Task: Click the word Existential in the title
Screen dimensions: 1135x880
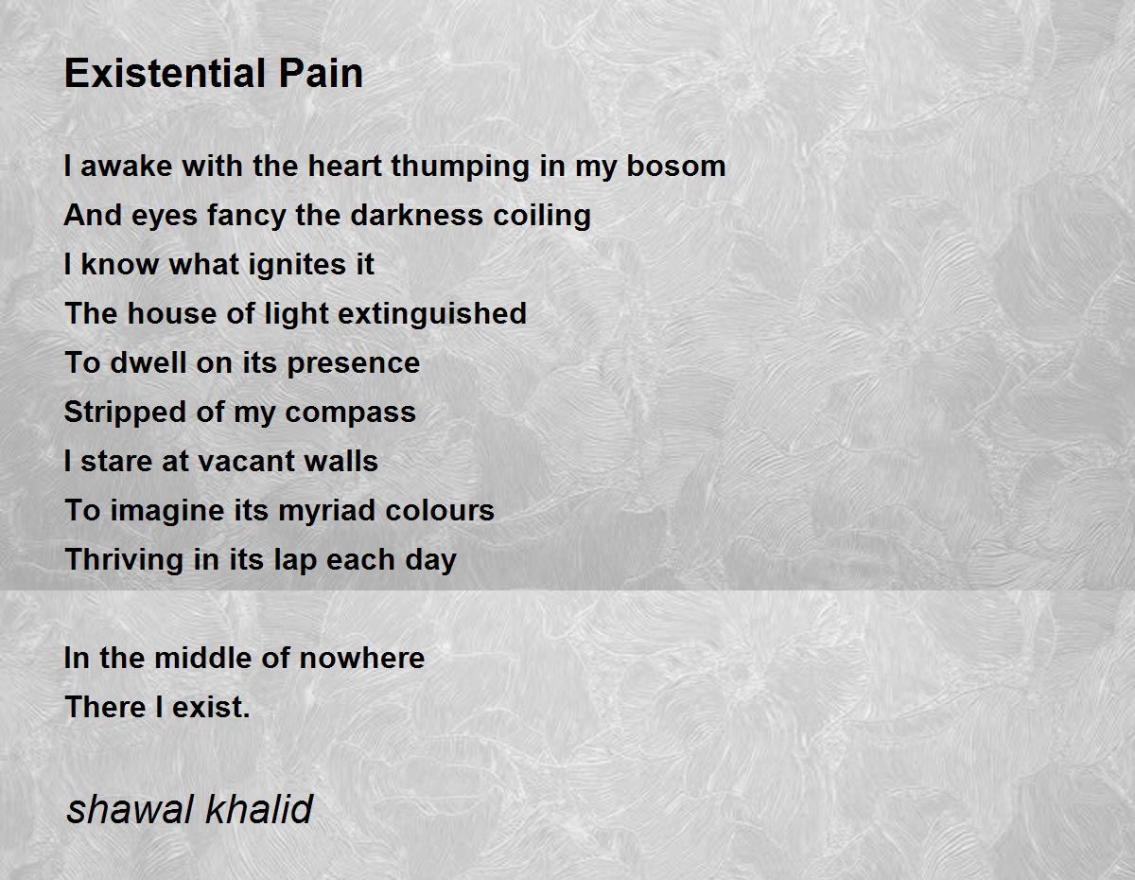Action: pyautogui.click(x=166, y=73)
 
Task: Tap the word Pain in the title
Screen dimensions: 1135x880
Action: pyautogui.click(x=321, y=73)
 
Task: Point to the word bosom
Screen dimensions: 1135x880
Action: pyautogui.click(x=676, y=166)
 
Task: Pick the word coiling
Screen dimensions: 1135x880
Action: pyautogui.click(x=542, y=217)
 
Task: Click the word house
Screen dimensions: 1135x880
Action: pyautogui.click(x=171, y=313)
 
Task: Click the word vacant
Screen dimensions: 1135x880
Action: pyautogui.click(x=247, y=462)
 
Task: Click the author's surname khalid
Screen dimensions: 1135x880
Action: pyautogui.click(x=259, y=809)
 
